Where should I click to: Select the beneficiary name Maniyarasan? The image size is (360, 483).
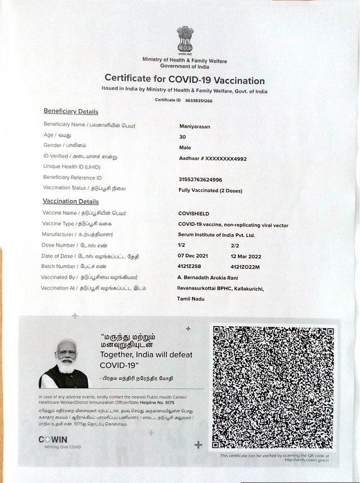pyautogui.click(x=195, y=127)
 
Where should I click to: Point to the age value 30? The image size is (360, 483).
pyautogui.click(x=182, y=137)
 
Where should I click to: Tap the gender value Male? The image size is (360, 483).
pyautogui.click(x=184, y=148)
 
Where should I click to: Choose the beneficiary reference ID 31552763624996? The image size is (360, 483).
pyautogui.click(x=200, y=179)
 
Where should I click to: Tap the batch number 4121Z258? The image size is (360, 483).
pyautogui.click(x=189, y=267)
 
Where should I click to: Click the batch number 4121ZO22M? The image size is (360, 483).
pyautogui.click(x=245, y=267)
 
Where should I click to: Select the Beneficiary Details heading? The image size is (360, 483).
pyautogui.click(x=70, y=111)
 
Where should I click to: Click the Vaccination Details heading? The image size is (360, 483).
pyautogui.click(x=70, y=201)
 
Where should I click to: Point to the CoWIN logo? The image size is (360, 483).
pyautogui.click(x=53, y=441)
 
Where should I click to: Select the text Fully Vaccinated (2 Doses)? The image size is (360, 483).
pyautogui.click(x=210, y=191)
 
